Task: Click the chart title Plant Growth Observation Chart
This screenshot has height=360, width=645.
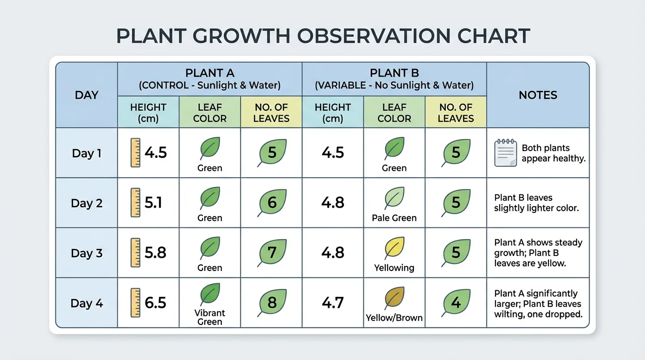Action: (322, 36)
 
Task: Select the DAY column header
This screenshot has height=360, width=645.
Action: (86, 95)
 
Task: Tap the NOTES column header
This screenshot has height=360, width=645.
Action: (538, 95)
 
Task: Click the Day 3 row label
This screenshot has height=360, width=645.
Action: (86, 253)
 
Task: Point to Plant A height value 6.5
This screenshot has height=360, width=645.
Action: (156, 303)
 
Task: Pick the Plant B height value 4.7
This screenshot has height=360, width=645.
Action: (333, 303)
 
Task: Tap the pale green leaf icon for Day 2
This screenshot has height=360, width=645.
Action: (394, 197)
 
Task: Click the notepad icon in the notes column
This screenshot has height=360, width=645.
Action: (505, 153)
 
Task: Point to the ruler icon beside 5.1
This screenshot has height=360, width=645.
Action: (135, 202)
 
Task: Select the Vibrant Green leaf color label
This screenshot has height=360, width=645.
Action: (210, 317)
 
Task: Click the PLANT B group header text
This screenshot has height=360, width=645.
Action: (394, 73)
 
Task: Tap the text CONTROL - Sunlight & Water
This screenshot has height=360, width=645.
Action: (210, 85)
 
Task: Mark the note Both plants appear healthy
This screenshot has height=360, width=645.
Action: (553, 153)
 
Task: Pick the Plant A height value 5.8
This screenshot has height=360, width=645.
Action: (156, 253)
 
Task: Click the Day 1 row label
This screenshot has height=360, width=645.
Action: (86, 153)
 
